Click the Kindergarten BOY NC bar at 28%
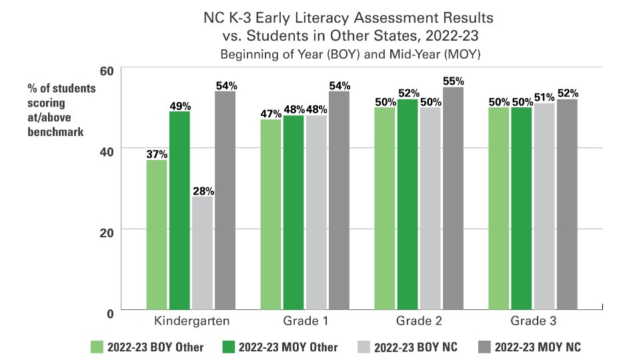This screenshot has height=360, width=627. coord(203,253)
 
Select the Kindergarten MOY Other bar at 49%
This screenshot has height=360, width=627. coord(179,211)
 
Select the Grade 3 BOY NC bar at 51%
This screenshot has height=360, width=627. coord(544,207)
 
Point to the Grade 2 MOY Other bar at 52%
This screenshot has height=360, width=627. coord(408,205)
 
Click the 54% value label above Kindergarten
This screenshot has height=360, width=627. coord(225,85)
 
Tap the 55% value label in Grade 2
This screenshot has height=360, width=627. coord(453,81)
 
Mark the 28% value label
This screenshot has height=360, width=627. coord(203,191)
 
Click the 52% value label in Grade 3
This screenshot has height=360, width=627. coord(567,93)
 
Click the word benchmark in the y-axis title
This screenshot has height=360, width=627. coord(55,131)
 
